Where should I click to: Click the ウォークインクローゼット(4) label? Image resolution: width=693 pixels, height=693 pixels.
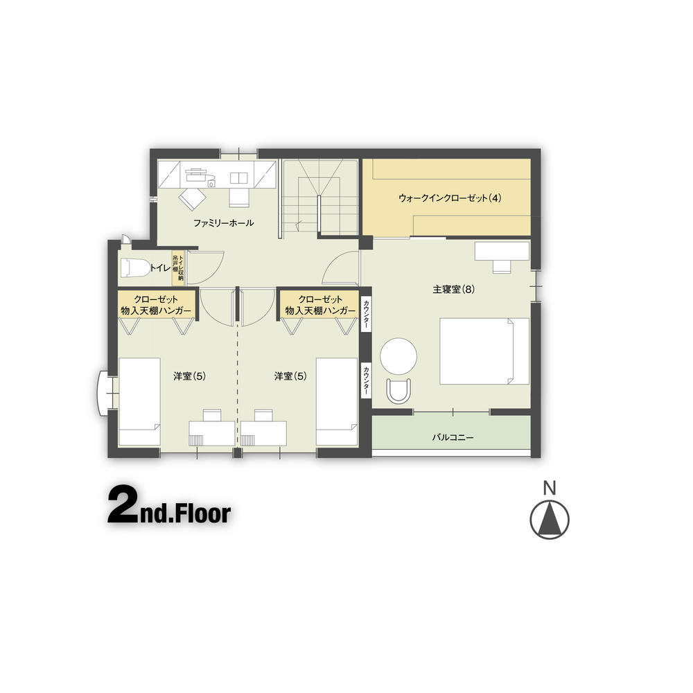click(x=449, y=198)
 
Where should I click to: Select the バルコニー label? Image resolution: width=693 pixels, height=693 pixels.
click(x=452, y=438)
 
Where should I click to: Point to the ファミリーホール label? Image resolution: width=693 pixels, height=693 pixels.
click(x=223, y=223)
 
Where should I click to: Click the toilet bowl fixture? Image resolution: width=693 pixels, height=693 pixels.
click(x=134, y=267)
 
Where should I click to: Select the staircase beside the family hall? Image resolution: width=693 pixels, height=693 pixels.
click(x=319, y=198)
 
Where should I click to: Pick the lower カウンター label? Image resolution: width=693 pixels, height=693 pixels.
click(x=366, y=380)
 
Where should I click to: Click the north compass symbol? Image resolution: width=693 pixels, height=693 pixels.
click(x=550, y=520)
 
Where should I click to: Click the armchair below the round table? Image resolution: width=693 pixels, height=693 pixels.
click(x=399, y=391)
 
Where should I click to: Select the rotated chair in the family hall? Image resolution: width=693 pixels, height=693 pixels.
click(x=192, y=200)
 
